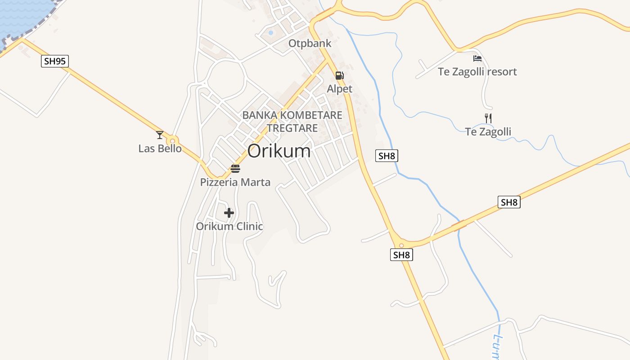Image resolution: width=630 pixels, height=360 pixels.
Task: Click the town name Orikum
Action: click(279, 151)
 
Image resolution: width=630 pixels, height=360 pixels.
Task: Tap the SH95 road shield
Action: click(55, 61)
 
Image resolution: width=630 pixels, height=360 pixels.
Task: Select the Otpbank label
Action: click(310, 44)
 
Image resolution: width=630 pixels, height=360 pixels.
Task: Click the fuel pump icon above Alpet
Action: click(340, 76)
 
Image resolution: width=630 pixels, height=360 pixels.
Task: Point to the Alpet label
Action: click(339, 89)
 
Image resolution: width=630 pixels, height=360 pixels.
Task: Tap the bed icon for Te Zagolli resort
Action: click(477, 58)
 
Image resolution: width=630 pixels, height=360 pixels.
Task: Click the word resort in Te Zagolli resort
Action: click(499, 72)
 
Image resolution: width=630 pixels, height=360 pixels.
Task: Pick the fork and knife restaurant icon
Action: click(488, 118)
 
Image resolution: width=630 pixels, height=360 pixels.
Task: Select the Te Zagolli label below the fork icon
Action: click(488, 132)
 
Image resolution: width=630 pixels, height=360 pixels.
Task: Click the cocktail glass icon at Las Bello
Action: click(160, 135)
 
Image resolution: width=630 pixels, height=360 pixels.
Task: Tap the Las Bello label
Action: click(160, 148)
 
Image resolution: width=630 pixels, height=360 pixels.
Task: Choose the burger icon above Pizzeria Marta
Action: click(235, 169)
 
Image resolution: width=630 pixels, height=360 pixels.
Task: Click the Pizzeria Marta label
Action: click(235, 182)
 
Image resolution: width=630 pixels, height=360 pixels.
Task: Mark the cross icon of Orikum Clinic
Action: click(229, 213)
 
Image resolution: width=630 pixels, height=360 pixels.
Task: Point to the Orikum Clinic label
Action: click(229, 226)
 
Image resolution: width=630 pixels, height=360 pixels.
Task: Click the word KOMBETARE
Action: click(311, 115)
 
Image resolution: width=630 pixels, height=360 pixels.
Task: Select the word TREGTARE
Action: click(292, 128)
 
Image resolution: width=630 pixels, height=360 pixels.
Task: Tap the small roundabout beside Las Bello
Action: click(172, 141)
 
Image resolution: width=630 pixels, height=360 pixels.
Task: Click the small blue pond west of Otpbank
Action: click(270, 32)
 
